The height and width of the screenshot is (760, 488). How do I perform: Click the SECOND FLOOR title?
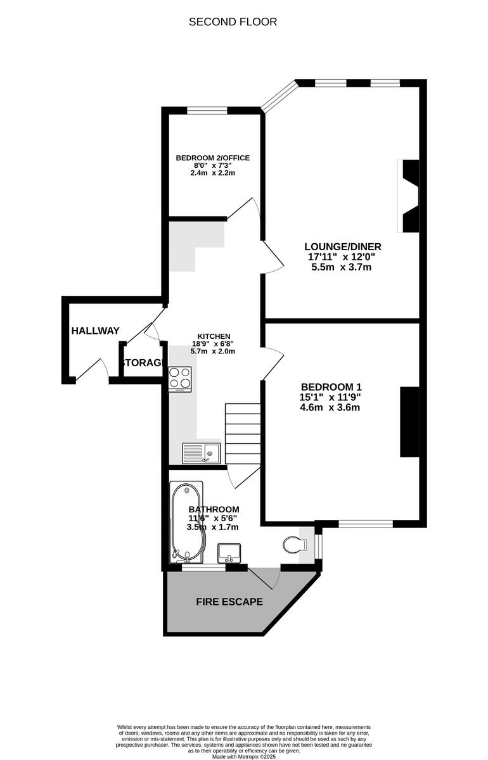pos(233,22)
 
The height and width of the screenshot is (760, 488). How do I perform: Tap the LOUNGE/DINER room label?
pos(343,246)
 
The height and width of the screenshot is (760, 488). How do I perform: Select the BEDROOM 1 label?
pos(331,387)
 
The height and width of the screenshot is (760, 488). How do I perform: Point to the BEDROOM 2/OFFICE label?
pos(213,158)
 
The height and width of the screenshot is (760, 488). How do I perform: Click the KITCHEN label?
pos(214,336)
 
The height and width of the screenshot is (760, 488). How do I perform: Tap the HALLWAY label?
pos(95,331)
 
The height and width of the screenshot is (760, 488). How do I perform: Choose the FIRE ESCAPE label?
pos(229,602)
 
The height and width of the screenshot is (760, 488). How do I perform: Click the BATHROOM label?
pos(214,509)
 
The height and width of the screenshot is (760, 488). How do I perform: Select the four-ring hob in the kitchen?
pos(181,378)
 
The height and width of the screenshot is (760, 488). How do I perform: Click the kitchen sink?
pos(202,453)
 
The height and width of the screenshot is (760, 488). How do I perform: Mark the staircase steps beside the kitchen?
pos(243,434)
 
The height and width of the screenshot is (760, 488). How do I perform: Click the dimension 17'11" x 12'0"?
pos(340,257)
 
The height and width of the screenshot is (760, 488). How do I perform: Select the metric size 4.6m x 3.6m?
pos(331,407)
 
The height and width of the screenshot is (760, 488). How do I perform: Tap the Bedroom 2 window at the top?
pos(207,111)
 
